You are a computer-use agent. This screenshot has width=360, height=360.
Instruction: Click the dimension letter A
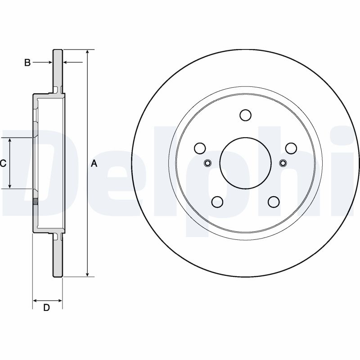click(94, 164)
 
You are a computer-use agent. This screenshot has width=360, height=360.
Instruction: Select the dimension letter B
click(27, 63)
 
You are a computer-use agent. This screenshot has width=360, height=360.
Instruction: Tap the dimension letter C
click(3, 164)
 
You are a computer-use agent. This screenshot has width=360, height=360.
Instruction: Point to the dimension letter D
click(46, 308)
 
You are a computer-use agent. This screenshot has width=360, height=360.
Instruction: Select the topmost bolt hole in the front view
click(245, 115)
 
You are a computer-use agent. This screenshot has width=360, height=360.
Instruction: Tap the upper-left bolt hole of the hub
click(200, 148)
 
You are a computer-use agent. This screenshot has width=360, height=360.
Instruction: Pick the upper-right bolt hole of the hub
click(291, 148)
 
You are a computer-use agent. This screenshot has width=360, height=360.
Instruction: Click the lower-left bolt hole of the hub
click(217, 202)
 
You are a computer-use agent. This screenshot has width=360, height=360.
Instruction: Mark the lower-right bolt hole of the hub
click(274, 202)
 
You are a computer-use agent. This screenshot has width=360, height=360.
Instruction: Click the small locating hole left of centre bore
click(208, 163)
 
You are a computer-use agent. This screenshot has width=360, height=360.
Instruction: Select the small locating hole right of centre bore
click(283, 163)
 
